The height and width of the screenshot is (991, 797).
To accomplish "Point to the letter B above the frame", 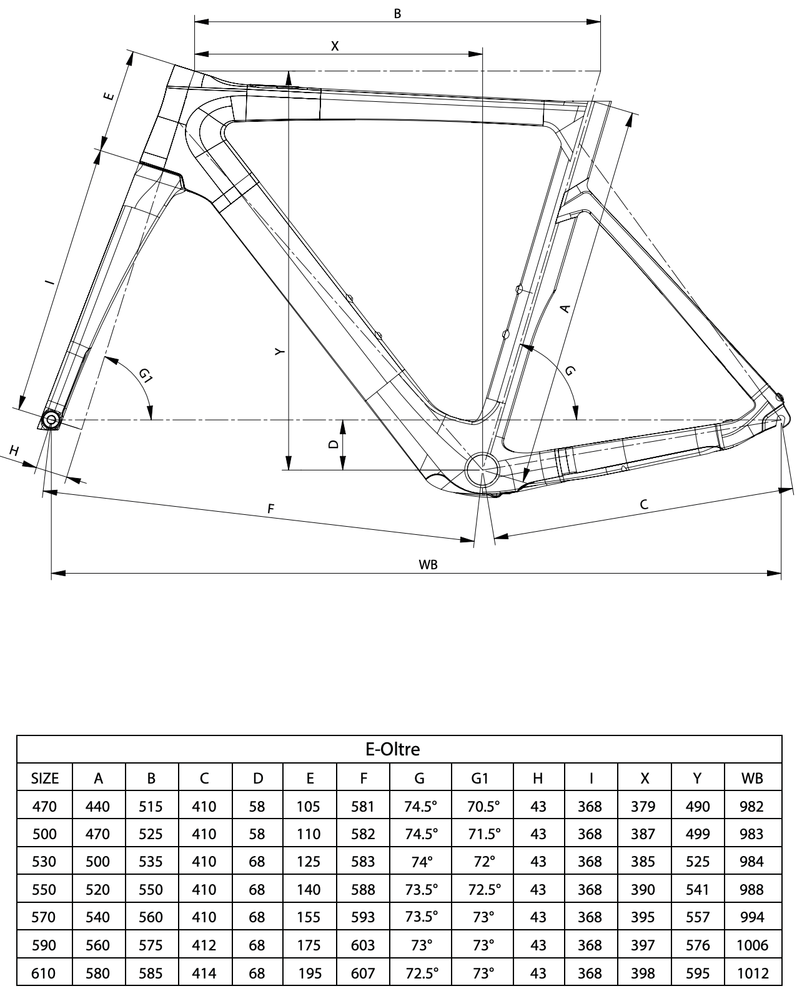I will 397,13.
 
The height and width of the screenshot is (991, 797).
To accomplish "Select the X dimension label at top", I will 335,46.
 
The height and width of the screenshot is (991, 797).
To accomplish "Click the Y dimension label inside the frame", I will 280,352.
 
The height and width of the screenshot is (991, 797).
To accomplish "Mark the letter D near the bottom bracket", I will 334,444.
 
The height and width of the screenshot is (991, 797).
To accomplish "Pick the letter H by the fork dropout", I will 14,450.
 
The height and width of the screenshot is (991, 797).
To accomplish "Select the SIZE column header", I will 44,778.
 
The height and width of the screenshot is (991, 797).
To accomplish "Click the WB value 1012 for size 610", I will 751,972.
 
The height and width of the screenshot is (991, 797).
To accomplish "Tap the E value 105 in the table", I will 309,806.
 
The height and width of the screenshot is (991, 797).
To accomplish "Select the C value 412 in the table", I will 204,945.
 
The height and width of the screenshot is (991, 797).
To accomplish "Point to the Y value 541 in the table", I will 698,889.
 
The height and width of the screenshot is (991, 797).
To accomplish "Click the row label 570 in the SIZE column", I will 44,917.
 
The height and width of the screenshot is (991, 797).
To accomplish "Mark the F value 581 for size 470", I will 363,806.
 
